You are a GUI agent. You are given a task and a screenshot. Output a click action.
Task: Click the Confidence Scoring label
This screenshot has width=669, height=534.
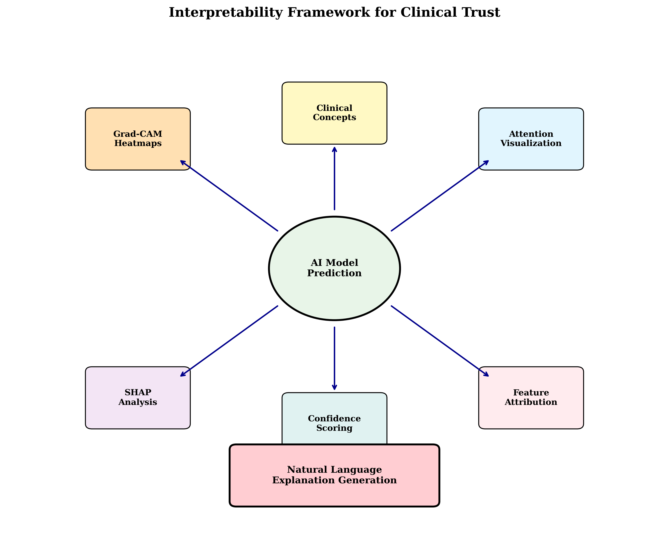[x=334, y=423]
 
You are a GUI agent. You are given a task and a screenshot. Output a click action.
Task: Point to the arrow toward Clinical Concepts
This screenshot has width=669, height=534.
[x=334, y=178]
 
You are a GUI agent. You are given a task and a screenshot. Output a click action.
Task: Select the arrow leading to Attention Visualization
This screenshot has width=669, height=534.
[x=440, y=196]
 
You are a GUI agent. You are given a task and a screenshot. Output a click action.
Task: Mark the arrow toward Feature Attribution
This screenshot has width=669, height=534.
[x=440, y=341]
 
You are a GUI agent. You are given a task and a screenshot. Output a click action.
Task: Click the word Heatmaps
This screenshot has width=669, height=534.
[x=138, y=144]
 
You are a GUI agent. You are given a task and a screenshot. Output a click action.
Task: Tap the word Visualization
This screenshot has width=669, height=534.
[x=531, y=144]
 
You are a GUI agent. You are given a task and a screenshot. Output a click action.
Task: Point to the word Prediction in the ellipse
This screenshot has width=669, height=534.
[x=334, y=273]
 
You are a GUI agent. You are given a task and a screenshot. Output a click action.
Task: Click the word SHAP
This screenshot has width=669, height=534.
[x=138, y=393]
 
